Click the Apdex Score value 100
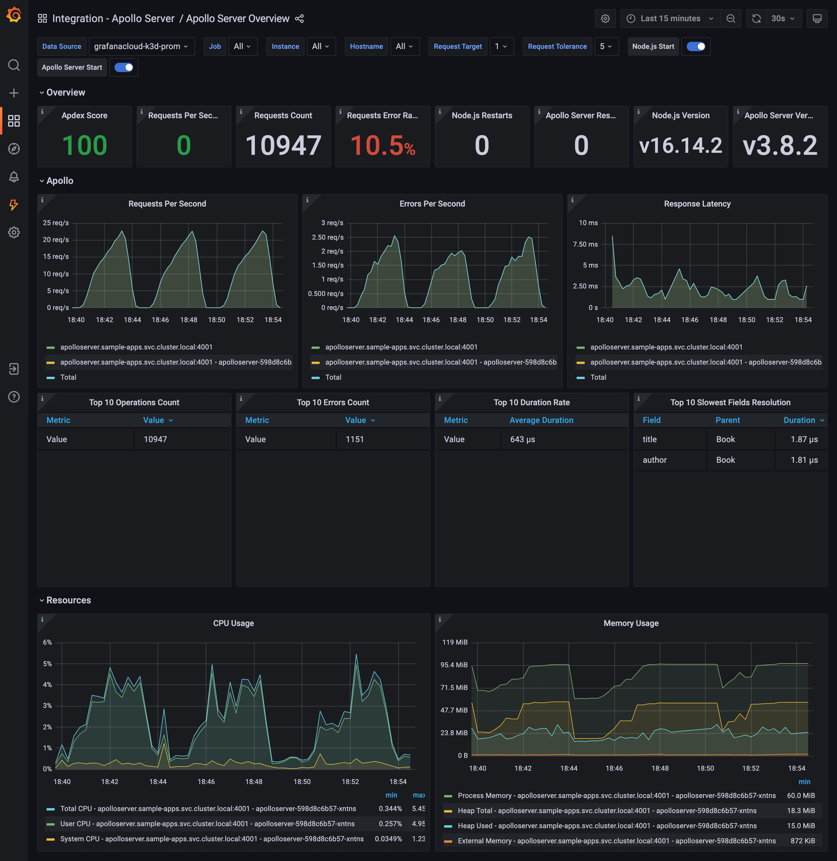pos(84,146)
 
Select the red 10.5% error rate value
pos(382,146)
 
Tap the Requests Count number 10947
pos(283,146)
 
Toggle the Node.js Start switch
pos(695,46)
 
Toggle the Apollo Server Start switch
pos(124,67)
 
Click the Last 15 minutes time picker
pos(670,19)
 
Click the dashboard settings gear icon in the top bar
pos(605,19)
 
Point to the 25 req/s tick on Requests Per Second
pos(56,223)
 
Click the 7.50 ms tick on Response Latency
pos(585,244)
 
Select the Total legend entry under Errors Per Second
pos(333,377)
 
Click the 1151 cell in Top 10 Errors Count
pos(354,439)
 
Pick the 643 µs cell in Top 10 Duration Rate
pos(522,439)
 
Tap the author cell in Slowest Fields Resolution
pos(654,460)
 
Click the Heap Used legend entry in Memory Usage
pos(607,826)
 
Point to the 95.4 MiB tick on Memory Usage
pos(454,665)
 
